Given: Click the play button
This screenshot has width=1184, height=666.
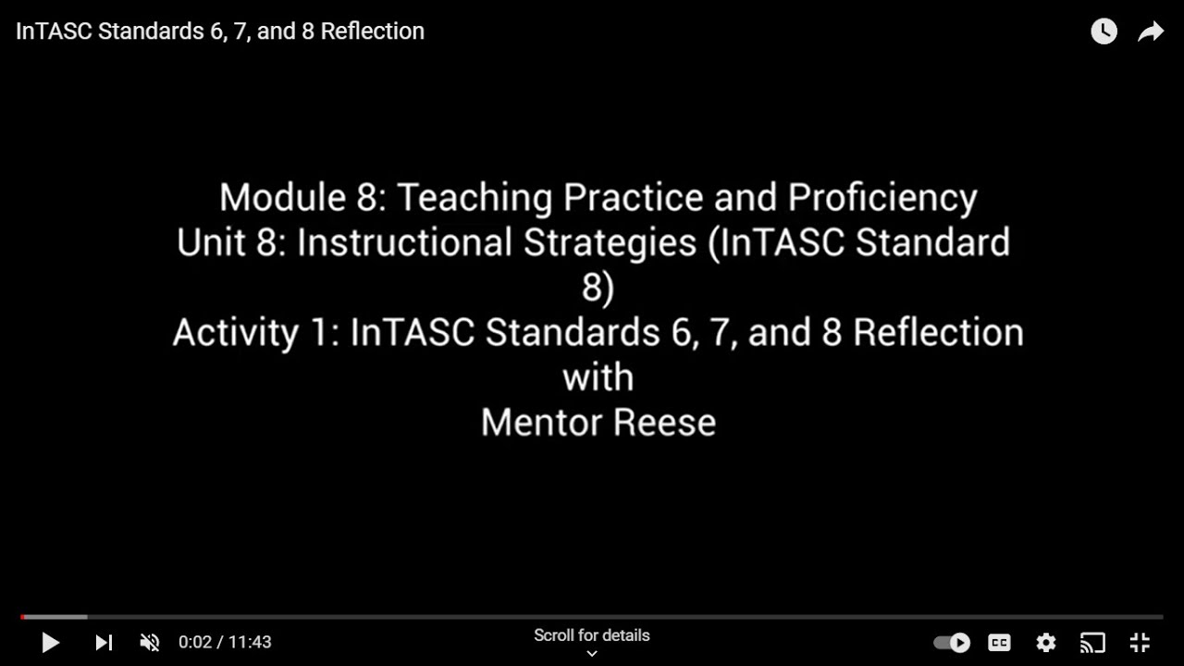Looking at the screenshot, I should [51, 642].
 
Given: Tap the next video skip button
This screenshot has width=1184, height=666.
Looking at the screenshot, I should [104, 642].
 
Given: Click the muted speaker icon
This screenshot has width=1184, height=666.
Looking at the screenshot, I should [149, 642].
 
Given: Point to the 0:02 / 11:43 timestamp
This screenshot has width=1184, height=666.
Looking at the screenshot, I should [225, 642].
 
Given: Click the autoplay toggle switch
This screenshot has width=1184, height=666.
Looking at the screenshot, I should [951, 642].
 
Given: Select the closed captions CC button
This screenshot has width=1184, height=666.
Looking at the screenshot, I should [999, 642].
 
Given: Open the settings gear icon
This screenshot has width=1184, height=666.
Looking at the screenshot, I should [1046, 642].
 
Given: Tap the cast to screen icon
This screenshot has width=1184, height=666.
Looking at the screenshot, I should [1092, 642].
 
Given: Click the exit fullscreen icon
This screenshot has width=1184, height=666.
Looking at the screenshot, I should [1140, 642].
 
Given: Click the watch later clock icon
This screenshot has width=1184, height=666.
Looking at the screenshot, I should [1104, 31].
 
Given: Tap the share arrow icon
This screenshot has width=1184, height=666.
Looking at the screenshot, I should [1150, 32].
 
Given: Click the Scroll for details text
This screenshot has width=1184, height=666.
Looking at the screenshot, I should [592, 635].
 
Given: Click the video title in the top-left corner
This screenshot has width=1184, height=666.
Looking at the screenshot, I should [220, 31].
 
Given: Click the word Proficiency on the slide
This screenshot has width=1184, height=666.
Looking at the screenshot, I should [882, 198].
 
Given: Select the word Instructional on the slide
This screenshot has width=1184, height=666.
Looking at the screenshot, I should [405, 242].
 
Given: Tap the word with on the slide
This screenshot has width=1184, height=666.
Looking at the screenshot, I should [598, 377].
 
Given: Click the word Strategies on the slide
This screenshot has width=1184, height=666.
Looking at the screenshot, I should [610, 242].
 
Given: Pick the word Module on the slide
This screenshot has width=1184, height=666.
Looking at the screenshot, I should [277, 198].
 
